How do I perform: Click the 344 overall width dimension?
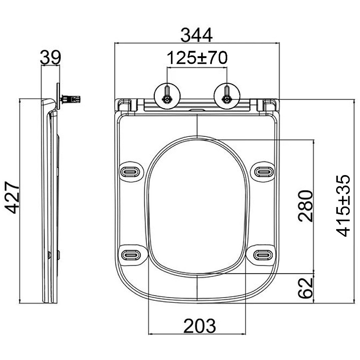[197, 35]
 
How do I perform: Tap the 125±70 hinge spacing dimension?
[197, 58]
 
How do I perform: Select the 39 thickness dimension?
[50, 58]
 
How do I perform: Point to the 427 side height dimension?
[12, 198]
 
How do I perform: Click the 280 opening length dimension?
[306, 206]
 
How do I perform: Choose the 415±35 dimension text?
[343, 206]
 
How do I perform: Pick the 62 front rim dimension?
[306, 288]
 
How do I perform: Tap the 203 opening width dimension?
[200, 326]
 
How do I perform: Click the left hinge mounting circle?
[167, 96]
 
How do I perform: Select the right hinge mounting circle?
[227, 96]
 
